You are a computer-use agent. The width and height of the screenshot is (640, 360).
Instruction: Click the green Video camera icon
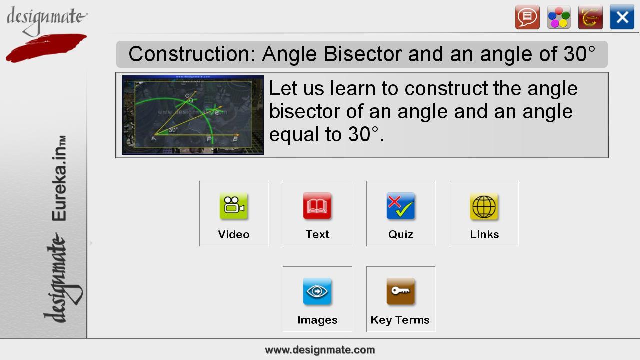(x=234, y=206)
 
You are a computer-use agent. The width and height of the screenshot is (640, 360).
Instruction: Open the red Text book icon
(x=317, y=206)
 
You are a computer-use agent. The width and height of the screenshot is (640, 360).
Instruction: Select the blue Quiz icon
(x=401, y=206)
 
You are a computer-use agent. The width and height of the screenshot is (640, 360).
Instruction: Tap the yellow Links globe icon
(x=484, y=206)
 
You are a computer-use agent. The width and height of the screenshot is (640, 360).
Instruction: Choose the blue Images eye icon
(x=317, y=291)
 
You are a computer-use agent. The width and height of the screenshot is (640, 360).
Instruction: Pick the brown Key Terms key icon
(x=401, y=291)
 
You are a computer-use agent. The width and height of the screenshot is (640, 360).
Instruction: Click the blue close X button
(x=622, y=17)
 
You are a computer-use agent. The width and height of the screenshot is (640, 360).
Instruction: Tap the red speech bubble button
(x=527, y=17)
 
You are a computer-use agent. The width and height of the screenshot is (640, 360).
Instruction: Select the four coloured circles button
(x=559, y=17)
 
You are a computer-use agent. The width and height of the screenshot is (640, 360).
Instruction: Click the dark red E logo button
(x=590, y=17)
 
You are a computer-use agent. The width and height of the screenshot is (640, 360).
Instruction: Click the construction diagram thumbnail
(x=193, y=115)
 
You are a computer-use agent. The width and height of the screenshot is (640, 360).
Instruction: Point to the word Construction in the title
(x=192, y=54)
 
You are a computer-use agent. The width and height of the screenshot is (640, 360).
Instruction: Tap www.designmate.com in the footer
(x=320, y=350)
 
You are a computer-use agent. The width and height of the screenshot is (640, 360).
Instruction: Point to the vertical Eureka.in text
(x=59, y=178)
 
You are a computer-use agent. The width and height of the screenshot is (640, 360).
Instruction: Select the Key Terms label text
(x=400, y=320)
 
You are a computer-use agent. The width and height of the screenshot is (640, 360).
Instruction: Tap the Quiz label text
(x=401, y=234)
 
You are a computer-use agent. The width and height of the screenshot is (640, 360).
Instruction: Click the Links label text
(x=484, y=234)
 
